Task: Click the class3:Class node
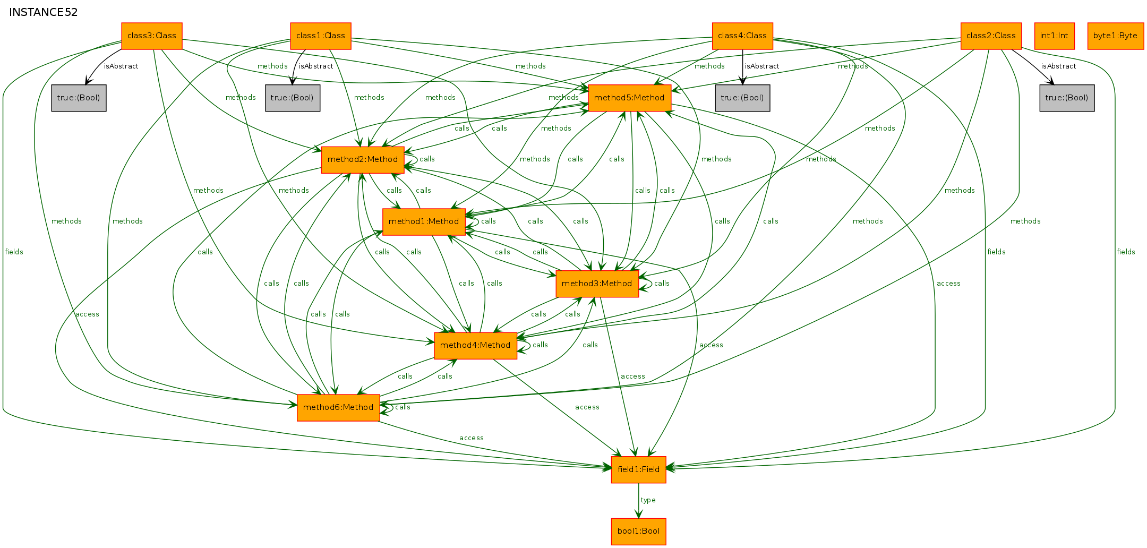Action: (x=152, y=36)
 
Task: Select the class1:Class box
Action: (x=321, y=36)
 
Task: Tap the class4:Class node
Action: (x=742, y=36)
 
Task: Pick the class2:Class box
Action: (x=991, y=36)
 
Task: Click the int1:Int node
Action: (x=1054, y=36)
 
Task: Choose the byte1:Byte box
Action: (x=1115, y=36)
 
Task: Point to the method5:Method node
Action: (x=629, y=98)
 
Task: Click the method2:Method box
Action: (x=363, y=160)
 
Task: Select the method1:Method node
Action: (x=424, y=222)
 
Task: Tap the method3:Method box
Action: (x=597, y=284)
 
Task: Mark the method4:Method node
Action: (x=475, y=346)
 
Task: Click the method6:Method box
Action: (x=338, y=408)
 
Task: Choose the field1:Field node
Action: (x=638, y=469)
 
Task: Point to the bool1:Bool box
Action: (x=638, y=532)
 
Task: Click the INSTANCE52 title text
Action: (x=44, y=12)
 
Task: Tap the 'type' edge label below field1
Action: (x=648, y=500)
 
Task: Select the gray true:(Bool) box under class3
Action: (x=79, y=98)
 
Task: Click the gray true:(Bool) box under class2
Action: (x=1067, y=98)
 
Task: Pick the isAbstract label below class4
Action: (x=762, y=66)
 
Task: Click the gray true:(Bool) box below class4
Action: (x=742, y=98)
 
